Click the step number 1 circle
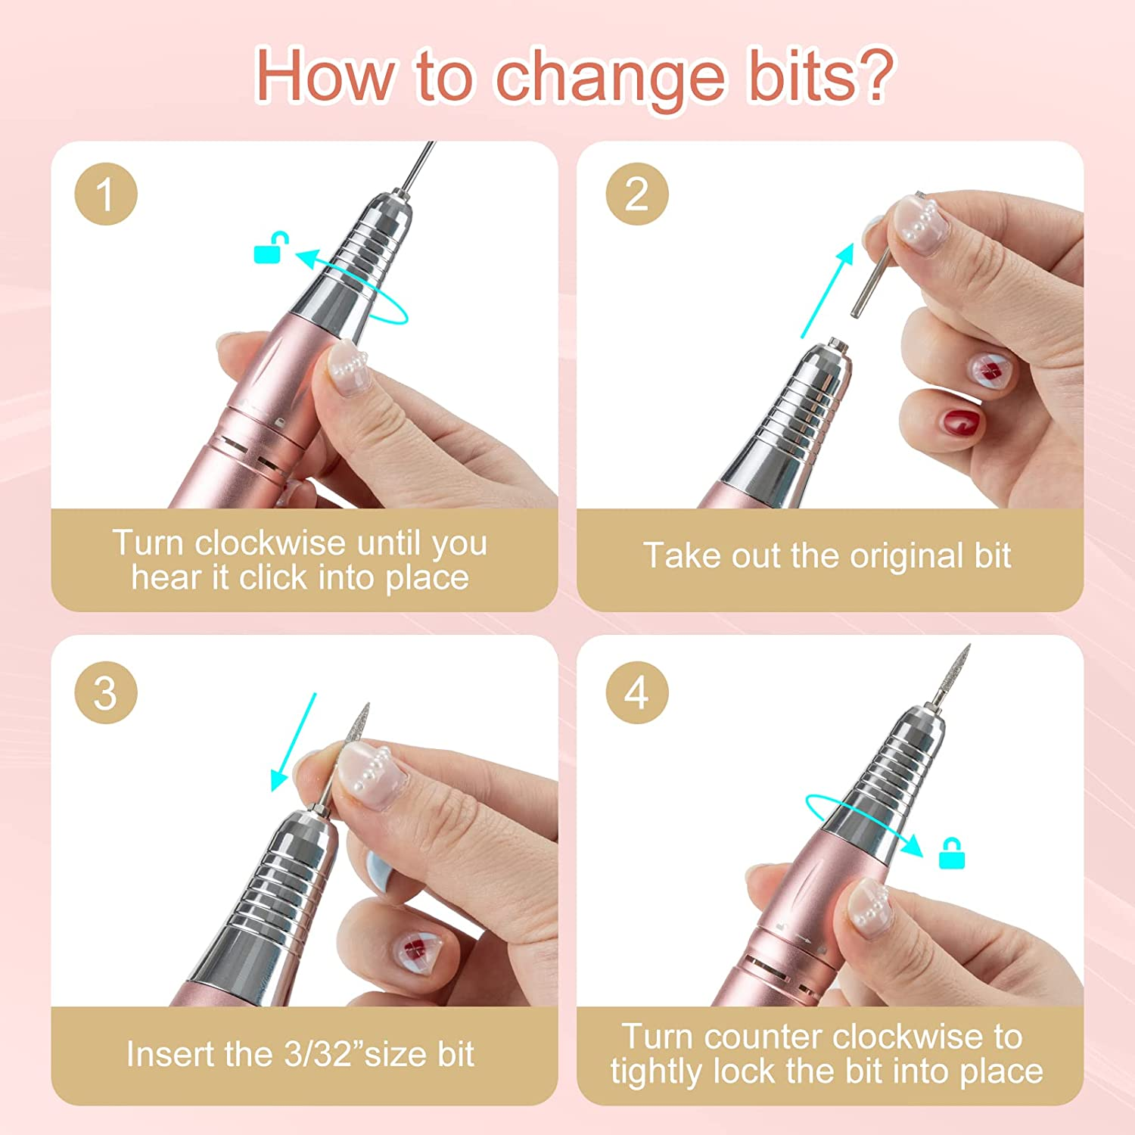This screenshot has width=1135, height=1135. pyautogui.click(x=106, y=194)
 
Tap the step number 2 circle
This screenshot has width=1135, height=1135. pyautogui.click(x=637, y=194)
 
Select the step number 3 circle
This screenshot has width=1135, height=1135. pyautogui.click(x=106, y=692)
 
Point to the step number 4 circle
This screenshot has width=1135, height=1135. pyautogui.click(x=637, y=692)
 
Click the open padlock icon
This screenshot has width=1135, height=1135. pyautogui.click(x=270, y=248)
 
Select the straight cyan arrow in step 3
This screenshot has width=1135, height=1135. pyautogui.click(x=294, y=742)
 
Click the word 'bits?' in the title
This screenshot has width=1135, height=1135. pyautogui.click(x=821, y=76)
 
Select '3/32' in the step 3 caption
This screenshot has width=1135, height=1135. pyautogui.click(x=318, y=1054)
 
